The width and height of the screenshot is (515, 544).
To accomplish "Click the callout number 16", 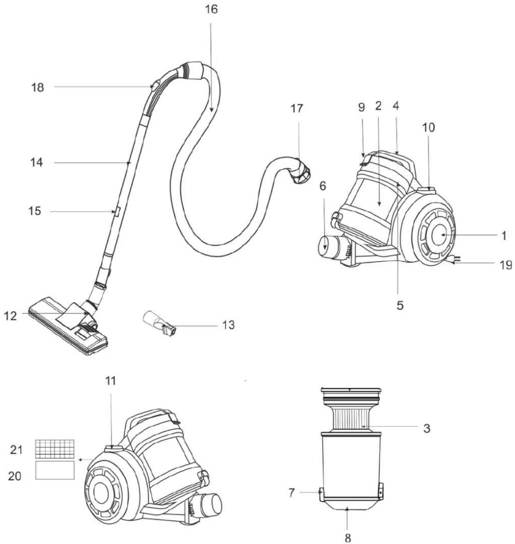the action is coord(212,9).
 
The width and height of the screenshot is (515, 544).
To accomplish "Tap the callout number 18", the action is coord(37,87).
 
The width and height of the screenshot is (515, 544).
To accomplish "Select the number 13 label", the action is coord(229,325).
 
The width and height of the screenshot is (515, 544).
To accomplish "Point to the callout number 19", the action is coord(506,265).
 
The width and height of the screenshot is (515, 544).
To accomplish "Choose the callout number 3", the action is coord(427,428).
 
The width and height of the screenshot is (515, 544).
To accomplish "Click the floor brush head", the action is coord(68,326).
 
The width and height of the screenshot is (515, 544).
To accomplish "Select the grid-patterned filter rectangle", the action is coord(55,448).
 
